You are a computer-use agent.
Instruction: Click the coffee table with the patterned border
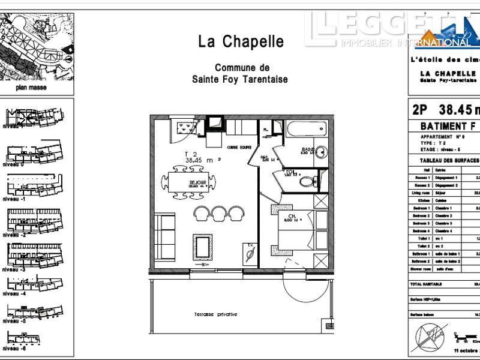[202, 246]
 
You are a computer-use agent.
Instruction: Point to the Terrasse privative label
[215, 314]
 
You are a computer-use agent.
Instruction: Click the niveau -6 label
[16, 349]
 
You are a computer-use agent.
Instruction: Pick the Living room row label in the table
[421, 193]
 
